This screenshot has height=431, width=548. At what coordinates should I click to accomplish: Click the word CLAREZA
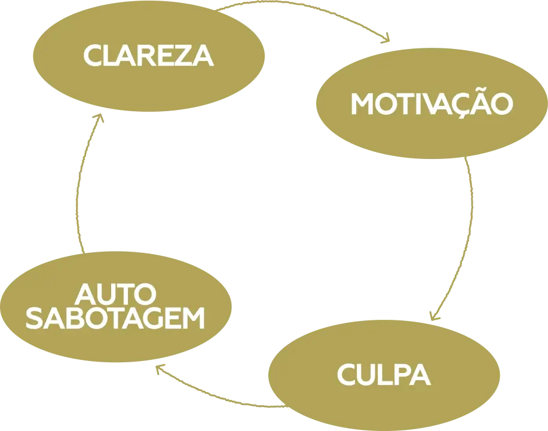(148, 56)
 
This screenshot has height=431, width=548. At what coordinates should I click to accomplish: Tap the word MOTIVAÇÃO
(431, 105)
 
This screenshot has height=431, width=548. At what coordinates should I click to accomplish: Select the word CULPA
(383, 375)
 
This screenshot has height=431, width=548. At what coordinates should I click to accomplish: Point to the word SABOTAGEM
(116, 319)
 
